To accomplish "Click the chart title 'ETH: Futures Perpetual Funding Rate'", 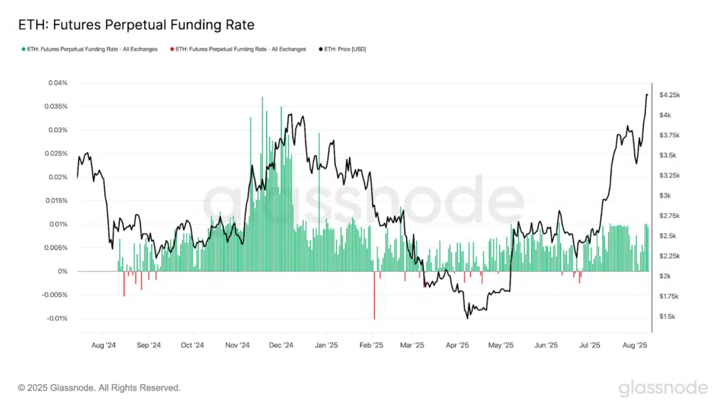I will (136, 25).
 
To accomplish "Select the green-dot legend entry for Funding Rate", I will (90, 49).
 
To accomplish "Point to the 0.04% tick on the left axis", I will (58, 83).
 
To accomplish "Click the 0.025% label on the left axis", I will (55, 153).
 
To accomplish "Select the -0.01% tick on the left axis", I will (56, 318).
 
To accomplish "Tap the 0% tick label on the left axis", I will (63, 271).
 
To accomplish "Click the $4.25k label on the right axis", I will (670, 94).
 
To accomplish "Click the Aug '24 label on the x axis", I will (104, 346).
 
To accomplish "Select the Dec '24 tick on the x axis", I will (281, 346).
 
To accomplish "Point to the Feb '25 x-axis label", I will (371, 346).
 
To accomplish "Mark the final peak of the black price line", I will (647, 94).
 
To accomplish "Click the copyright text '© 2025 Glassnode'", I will (99, 388).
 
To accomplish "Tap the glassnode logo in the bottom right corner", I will (662, 388).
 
